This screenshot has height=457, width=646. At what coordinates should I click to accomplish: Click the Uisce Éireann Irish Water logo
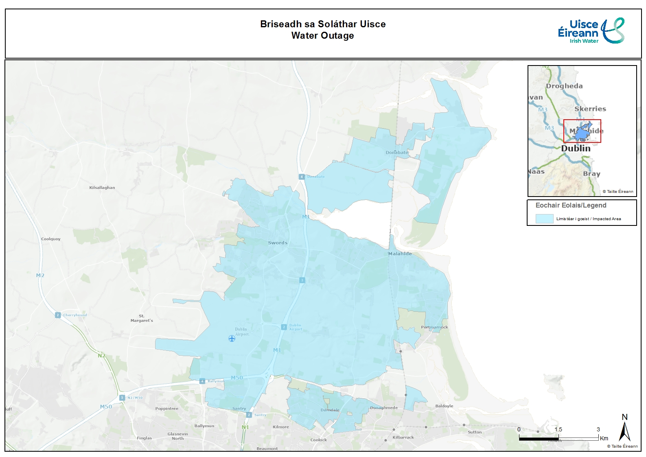coord(591,31)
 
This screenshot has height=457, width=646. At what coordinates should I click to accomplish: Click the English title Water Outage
coord(322,36)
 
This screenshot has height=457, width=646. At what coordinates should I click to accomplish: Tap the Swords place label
coord(278,243)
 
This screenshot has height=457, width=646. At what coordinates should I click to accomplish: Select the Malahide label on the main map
coord(400,254)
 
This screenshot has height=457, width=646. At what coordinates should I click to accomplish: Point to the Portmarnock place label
coord(434,327)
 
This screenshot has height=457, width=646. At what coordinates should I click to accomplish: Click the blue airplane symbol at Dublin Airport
coord(232,339)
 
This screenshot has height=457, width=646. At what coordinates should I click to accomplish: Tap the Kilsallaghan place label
coord(102,188)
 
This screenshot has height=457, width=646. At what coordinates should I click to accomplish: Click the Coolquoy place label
coord(51,239)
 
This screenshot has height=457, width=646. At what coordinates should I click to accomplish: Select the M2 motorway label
coord(40,276)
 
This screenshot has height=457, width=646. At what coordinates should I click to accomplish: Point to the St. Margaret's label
coord(142,318)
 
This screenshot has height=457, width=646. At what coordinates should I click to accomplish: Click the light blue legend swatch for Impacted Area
coord(544,219)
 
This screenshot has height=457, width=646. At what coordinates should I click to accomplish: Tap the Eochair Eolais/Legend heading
coord(571,206)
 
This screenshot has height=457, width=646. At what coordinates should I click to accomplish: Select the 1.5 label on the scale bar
coord(558,429)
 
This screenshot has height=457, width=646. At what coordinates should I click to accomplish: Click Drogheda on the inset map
coord(564,86)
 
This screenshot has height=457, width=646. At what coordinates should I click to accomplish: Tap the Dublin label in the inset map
coord(576,149)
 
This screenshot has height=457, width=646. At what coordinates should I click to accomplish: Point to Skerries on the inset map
coord(590,109)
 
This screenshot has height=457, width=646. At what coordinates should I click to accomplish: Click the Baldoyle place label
coord(444,406)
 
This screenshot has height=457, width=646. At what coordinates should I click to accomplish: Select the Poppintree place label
coord(167,409)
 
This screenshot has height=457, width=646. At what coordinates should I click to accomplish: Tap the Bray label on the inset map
coord(591,174)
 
